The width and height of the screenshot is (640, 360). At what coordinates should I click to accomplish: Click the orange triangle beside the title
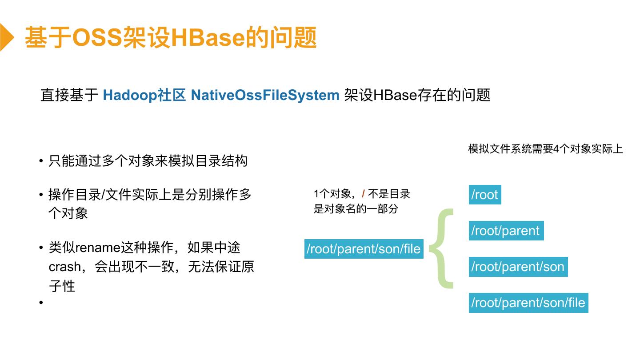[x=7, y=37]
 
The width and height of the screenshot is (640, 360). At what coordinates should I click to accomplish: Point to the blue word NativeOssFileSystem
[x=265, y=95]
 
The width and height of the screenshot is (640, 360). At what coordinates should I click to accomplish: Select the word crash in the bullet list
[x=64, y=267]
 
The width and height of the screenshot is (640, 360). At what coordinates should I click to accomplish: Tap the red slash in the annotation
[x=363, y=194]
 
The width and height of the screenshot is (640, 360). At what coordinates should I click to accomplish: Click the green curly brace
[x=441, y=248]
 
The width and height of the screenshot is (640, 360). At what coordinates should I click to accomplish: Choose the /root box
[x=485, y=195]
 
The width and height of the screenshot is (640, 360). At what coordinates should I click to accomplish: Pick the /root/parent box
[x=506, y=231]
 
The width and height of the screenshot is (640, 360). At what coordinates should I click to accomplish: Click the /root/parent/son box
[x=518, y=267]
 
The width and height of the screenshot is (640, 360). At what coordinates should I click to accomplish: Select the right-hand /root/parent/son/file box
[x=528, y=303]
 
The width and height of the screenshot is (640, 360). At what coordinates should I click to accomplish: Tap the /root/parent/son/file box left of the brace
[x=364, y=249]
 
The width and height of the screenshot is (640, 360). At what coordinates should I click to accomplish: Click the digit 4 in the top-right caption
[x=556, y=149]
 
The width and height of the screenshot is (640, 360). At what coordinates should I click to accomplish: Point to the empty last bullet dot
[x=41, y=303]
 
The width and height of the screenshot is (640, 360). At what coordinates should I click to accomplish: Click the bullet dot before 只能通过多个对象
[x=41, y=161]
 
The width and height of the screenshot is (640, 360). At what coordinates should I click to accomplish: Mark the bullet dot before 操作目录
[x=41, y=195]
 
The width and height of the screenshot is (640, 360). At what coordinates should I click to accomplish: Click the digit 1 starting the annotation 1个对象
[x=316, y=194]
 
